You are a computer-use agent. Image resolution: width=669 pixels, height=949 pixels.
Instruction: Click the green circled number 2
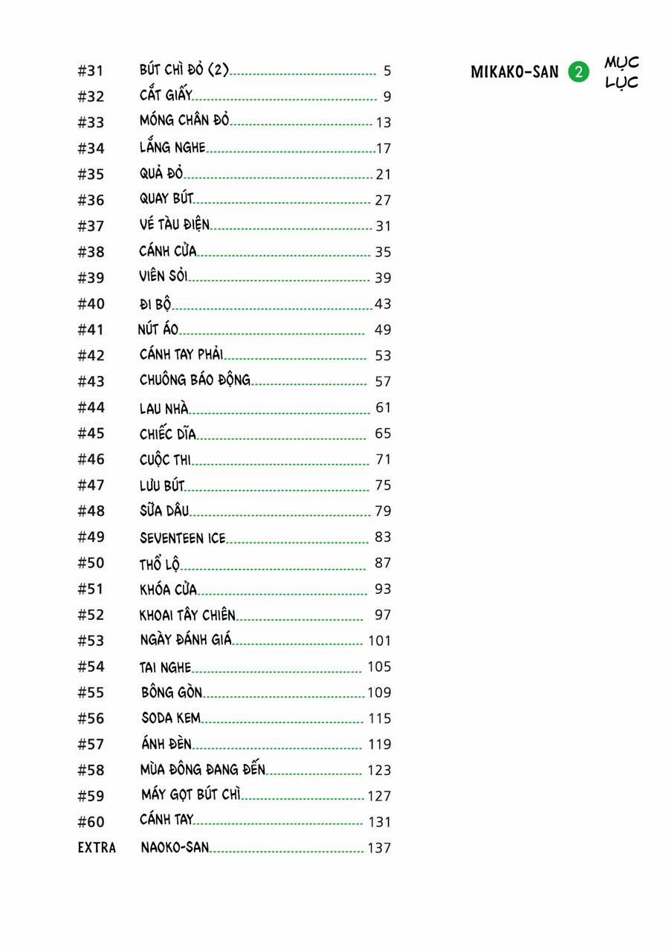click(x=578, y=72)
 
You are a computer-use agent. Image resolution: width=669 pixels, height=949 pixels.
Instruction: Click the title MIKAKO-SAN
click(x=514, y=72)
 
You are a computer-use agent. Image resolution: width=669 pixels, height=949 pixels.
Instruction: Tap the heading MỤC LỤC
click(x=621, y=72)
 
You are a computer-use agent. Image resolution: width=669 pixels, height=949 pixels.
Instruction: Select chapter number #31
click(x=91, y=71)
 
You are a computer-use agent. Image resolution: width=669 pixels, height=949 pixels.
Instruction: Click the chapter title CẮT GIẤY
click(x=166, y=95)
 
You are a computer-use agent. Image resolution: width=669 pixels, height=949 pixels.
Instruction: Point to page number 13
click(x=384, y=123)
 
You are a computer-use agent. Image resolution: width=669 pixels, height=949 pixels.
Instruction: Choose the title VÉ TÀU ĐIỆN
click(x=175, y=224)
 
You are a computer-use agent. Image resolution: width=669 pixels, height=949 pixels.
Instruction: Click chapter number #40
click(x=91, y=303)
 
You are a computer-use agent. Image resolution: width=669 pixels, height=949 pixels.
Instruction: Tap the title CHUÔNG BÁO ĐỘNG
click(x=195, y=380)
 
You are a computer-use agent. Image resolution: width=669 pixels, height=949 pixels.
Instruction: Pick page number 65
click(x=383, y=433)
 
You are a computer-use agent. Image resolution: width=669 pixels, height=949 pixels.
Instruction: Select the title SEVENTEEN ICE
click(x=182, y=537)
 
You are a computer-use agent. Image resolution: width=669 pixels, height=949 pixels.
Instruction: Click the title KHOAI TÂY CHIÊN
click(x=187, y=615)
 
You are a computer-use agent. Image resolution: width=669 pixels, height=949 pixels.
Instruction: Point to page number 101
click(x=379, y=641)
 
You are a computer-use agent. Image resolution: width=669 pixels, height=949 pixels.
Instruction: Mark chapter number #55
click(x=91, y=692)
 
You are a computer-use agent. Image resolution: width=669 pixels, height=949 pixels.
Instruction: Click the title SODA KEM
click(x=171, y=718)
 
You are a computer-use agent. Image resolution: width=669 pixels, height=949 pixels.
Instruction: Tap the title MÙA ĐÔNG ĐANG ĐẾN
click(x=203, y=769)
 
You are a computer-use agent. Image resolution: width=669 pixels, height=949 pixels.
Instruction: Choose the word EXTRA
click(x=97, y=847)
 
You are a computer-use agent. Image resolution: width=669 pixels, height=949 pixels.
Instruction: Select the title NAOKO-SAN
click(x=175, y=847)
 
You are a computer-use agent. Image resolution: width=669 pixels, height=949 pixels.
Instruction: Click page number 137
click(x=379, y=848)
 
